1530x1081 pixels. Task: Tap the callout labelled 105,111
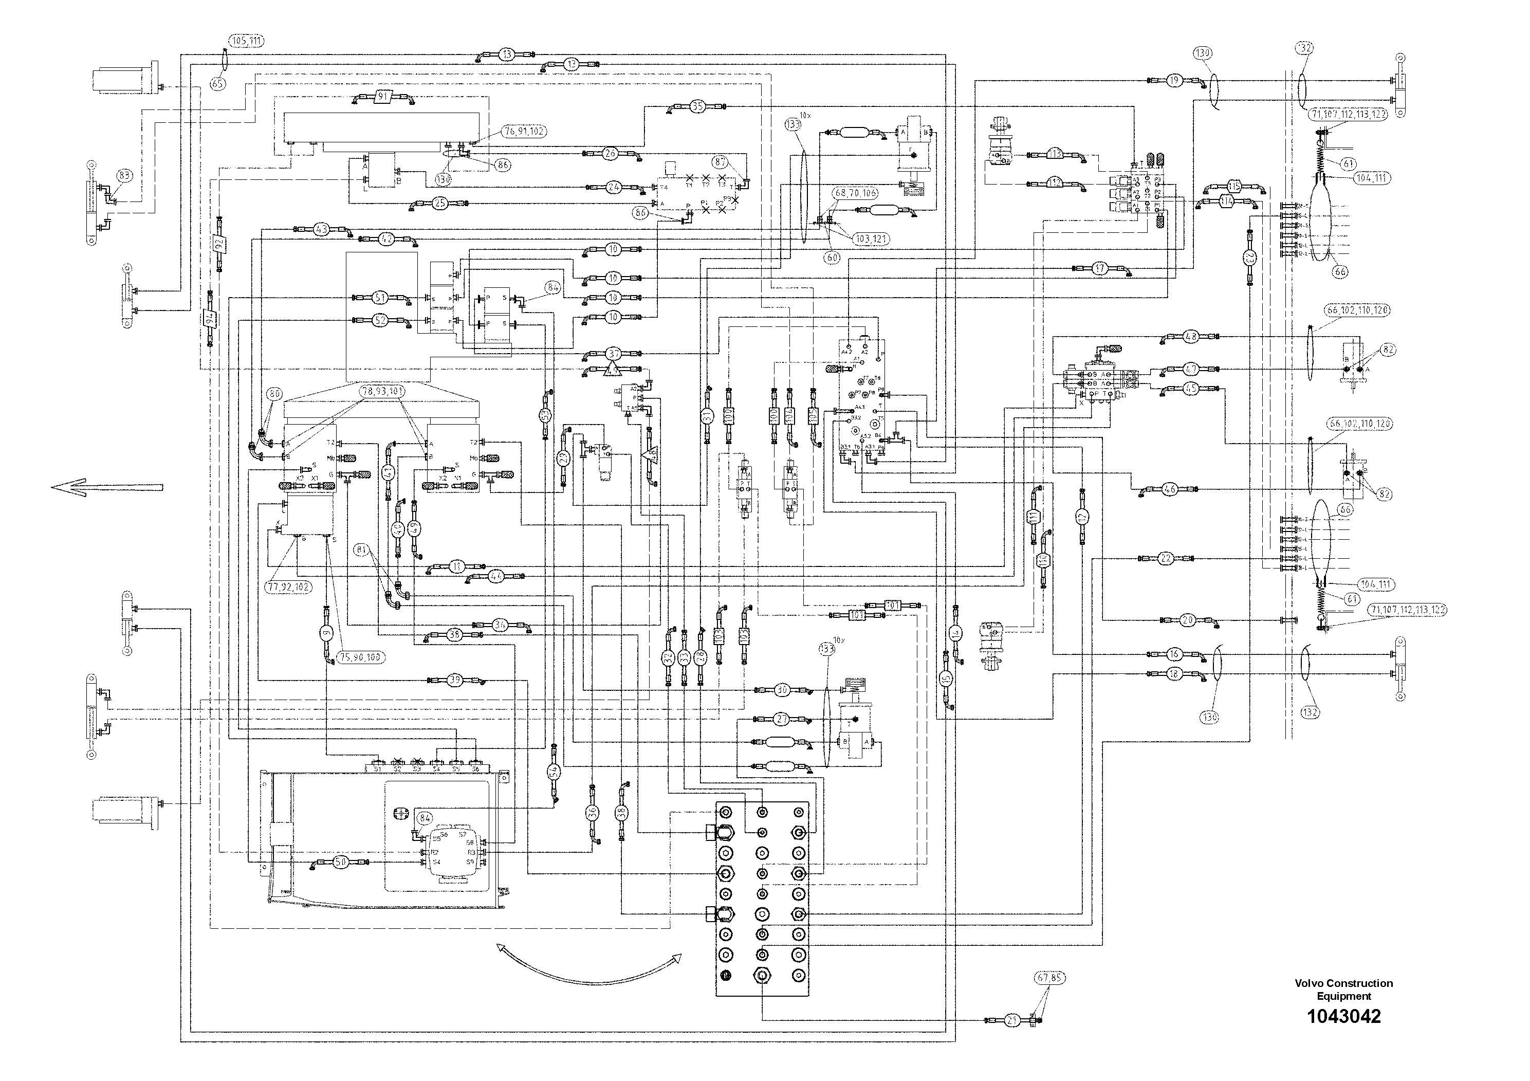(247, 41)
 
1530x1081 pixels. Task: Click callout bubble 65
(218, 83)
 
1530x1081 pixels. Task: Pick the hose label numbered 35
(697, 106)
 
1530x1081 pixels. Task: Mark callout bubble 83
(124, 176)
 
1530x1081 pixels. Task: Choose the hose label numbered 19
(1174, 81)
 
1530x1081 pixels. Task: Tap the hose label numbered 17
(1099, 269)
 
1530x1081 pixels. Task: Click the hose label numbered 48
(1191, 337)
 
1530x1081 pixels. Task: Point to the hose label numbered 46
(1170, 489)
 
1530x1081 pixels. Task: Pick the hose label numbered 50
(341, 863)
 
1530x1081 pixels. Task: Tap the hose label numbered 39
(454, 681)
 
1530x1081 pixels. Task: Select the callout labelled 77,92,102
(289, 587)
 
